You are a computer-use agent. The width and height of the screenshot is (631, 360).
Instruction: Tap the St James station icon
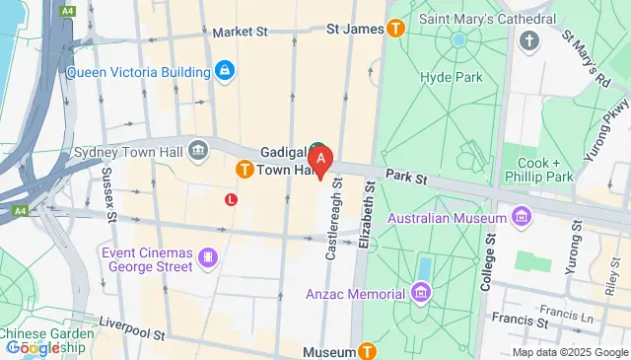(396, 30)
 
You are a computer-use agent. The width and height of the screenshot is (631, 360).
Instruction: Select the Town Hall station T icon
(243, 171)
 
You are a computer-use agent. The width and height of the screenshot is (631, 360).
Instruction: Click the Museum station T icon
(367, 351)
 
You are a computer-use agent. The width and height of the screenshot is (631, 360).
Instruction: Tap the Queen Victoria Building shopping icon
(225, 71)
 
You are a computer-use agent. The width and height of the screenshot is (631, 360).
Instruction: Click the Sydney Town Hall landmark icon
(198, 150)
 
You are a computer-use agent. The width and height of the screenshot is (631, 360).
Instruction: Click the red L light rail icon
(232, 199)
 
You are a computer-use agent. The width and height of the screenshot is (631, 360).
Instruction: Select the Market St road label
(240, 32)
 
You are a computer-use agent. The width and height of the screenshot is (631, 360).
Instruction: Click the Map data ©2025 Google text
(570, 352)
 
